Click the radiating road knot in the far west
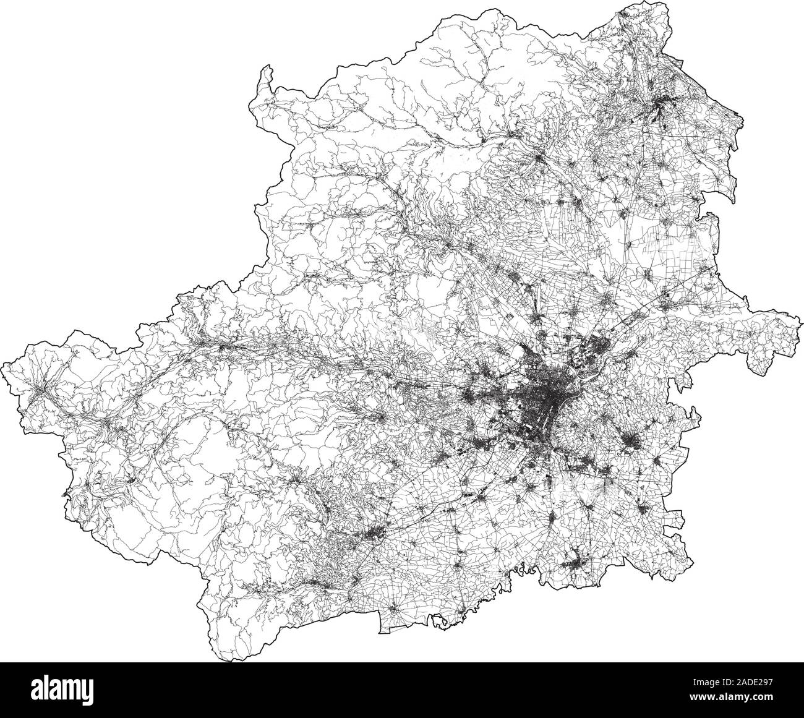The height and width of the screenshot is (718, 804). click(x=41, y=390)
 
